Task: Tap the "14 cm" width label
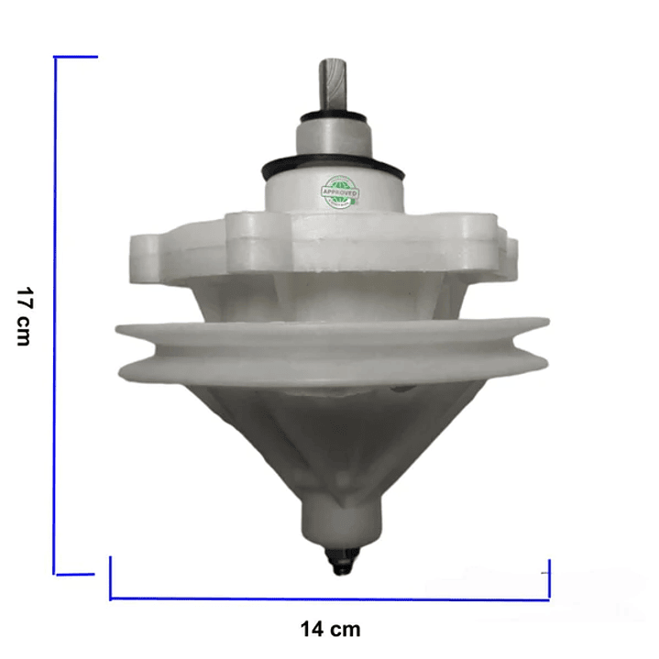330,629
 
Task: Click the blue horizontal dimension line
330,599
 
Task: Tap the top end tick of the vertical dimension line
77,57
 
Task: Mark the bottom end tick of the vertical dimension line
75,575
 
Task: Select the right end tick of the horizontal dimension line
548,577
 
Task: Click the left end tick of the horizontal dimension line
111,577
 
